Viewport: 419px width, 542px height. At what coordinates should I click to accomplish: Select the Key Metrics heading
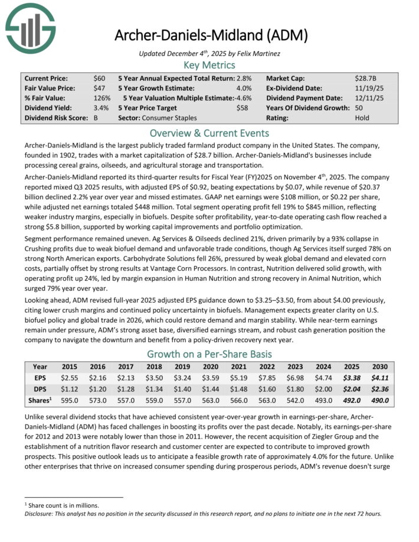point(209,65)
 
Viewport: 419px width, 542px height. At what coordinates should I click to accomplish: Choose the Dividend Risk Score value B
point(96,118)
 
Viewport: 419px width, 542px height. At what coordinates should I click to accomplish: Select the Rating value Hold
point(363,118)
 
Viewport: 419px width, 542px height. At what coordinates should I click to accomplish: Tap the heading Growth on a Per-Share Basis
point(209,354)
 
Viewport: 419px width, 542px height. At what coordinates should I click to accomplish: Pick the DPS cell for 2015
point(70,389)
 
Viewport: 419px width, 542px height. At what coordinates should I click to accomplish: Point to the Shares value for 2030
point(379,400)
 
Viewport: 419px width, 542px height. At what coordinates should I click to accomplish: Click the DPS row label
point(40,389)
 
